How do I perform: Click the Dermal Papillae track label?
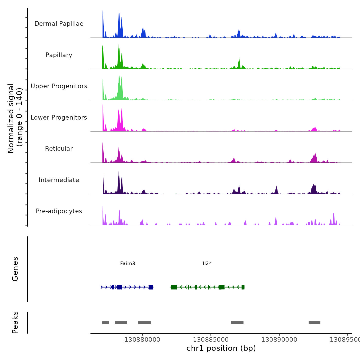pyautogui.click(x=59, y=24)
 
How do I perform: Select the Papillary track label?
pyautogui.click(x=59, y=55)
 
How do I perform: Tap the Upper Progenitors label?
pyautogui.click(x=59, y=86)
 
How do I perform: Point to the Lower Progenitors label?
pyautogui.click(x=59, y=118)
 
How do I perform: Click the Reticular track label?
pyautogui.click(x=59, y=149)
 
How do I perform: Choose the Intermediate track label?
pyautogui.click(x=59, y=180)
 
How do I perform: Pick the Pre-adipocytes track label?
pyautogui.click(x=59, y=211)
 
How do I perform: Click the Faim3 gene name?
pyautogui.click(x=128, y=264)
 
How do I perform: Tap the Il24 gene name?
pyautogui.click(x=207, y=264)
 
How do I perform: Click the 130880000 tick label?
pyautogui.click(x=142, y=340)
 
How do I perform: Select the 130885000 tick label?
pyautogui.click(x=211, y=340)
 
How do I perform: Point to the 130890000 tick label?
pyautogui.click(x=279, y=340)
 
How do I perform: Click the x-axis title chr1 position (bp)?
pyautogui.click(x=221, y=348)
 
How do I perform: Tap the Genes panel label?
pyautogui.click(x=15, y=269)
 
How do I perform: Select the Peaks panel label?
pyautogui.click(x=15, y=322)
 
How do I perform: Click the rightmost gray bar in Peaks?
pyautogui.click(x=314, y=323)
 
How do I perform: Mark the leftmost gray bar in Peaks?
pyautogui.click(x=105, y=323)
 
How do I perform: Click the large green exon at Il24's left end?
pyautogui.click(x=174, y=287)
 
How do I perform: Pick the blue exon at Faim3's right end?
pyautogui.click(x=151, y=287)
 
